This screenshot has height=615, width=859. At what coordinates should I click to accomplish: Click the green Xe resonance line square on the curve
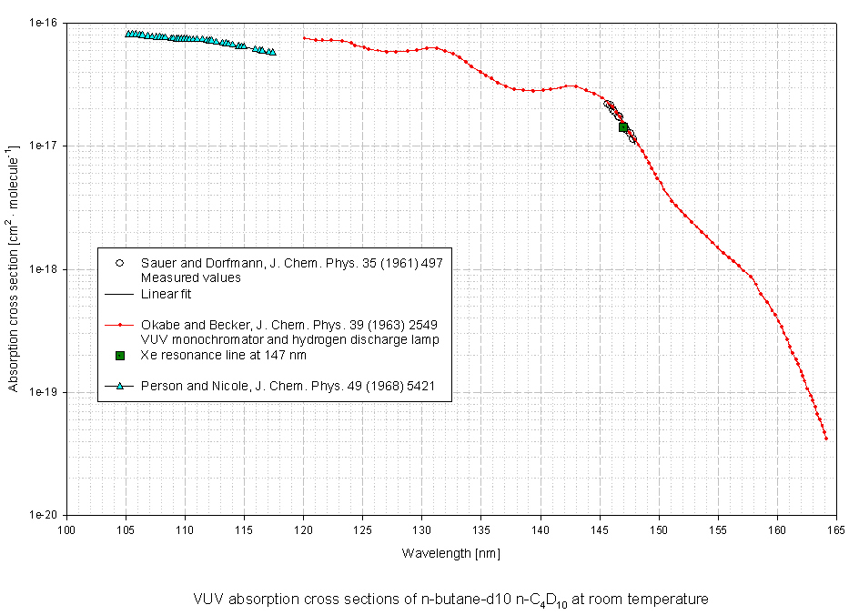pyautogui.click(x=623, y=126)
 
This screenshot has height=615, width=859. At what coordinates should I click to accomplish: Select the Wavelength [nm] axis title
pyautogui.click(x=451, y=552)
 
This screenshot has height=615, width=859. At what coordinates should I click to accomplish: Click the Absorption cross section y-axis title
pyautogui.click(x=14, y=269)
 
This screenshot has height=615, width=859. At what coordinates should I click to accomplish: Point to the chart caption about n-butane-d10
pyautogui.click(x=450, y=600)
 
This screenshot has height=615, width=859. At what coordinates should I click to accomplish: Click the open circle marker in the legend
pyautogui.click(x=119, y=263)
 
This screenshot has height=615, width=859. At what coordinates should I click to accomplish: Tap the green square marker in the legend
pyautogui.click(x=119, y=355)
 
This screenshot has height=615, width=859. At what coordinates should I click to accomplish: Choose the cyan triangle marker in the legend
pyautogui.click(x=119, y=387)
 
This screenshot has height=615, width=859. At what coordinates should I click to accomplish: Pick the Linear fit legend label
pyautogui.click(x=167, y=294)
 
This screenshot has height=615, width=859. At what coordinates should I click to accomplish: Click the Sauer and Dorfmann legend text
pyautogui.click(x=291, y=263)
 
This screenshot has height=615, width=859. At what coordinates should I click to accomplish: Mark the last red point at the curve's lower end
pyautogui.click(x=826, y=439)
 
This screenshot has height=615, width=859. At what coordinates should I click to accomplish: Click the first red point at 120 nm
pyautogui.click(x=304, y=38)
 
